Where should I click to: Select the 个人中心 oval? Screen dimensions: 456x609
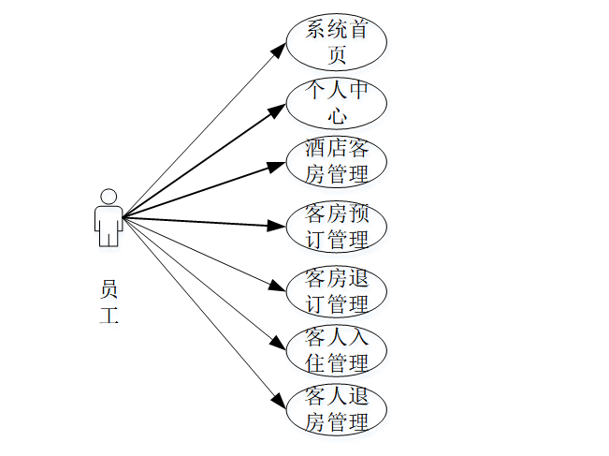click(x=336, y=102)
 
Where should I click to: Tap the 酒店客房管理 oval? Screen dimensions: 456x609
click(x=336, y=161)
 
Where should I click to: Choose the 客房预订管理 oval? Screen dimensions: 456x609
click(x=336, y=226)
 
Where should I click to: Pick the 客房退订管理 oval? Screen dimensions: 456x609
click(x=336, y=290)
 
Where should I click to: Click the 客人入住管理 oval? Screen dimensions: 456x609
click(x=336, y=350)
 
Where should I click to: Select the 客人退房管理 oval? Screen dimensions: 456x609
click(x=336, y=409)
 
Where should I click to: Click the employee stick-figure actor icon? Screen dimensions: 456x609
click(x=109, y=218)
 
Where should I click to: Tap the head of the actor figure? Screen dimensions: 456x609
click(x=109, y=197)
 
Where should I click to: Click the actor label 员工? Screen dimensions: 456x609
click(x=109, y=302)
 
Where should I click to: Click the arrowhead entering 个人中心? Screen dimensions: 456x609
click(x=278, y=109)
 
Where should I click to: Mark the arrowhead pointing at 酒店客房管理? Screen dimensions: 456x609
click(x=277, y=167)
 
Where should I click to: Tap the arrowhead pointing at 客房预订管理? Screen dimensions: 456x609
click(x=277, y=226)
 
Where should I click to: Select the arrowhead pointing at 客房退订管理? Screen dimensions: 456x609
click(x=277, y=286)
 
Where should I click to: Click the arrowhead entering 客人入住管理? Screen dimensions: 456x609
click(x=277, y=345)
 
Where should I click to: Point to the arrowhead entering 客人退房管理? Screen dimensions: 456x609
click(x=278, y=403)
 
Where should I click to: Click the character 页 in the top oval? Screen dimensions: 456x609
click(x=337, y=55)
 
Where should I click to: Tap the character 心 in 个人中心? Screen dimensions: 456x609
click(x=337, y=115)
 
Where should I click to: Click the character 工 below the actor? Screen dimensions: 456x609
click(x=109, y=316)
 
